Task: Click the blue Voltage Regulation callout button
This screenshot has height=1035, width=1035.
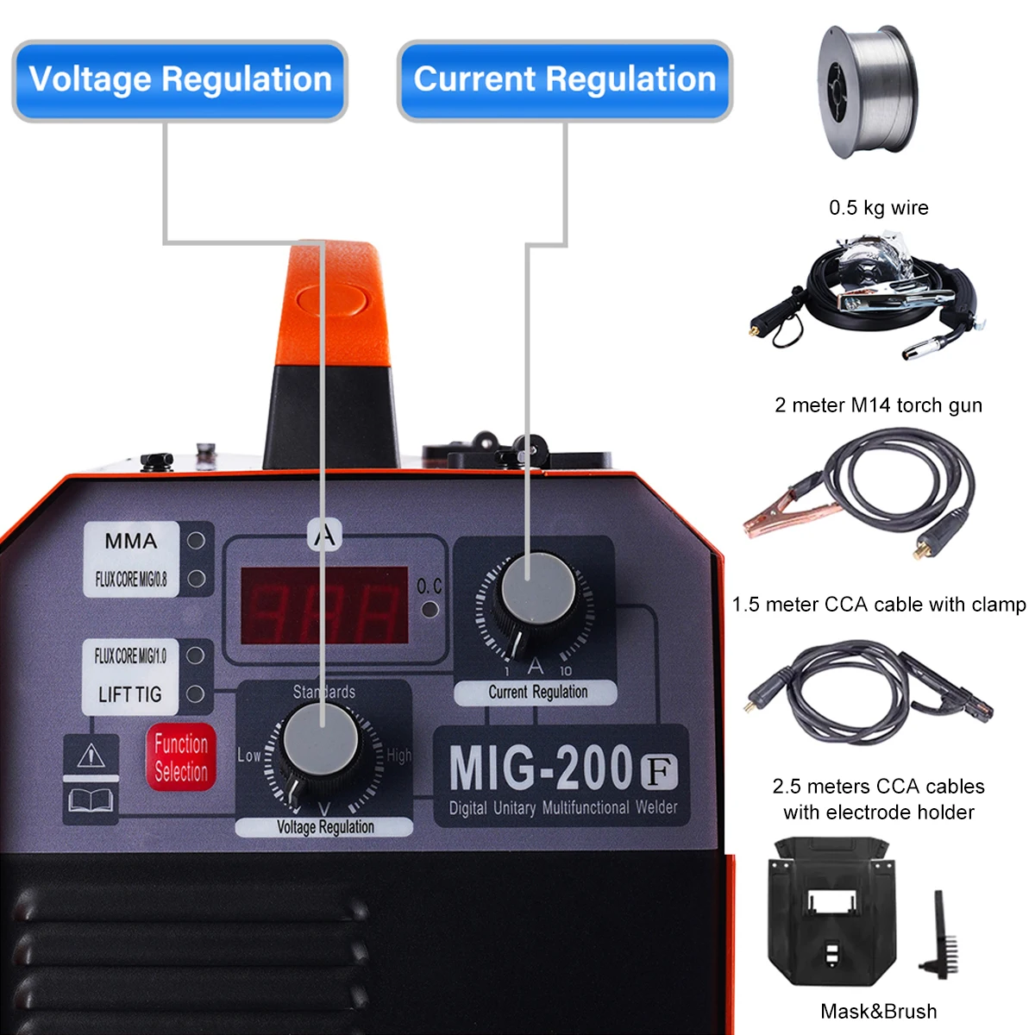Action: (179, 79)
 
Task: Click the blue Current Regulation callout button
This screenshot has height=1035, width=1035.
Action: (564, 79)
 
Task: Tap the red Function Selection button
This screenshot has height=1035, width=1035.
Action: (180, 757)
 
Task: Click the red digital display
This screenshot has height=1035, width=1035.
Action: (323, 605)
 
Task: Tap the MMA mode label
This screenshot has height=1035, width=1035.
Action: (131, 541)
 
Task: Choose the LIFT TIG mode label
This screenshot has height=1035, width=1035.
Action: (129, 694)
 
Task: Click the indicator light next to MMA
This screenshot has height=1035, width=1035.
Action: (196, 541)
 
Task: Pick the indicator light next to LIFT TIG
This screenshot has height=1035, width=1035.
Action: (196, 693)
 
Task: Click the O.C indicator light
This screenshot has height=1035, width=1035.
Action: (430, 610)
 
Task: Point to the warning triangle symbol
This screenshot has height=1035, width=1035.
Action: (91, 756)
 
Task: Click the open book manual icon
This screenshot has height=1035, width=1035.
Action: (91, 801)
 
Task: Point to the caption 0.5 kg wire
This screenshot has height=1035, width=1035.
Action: (878, 208)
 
